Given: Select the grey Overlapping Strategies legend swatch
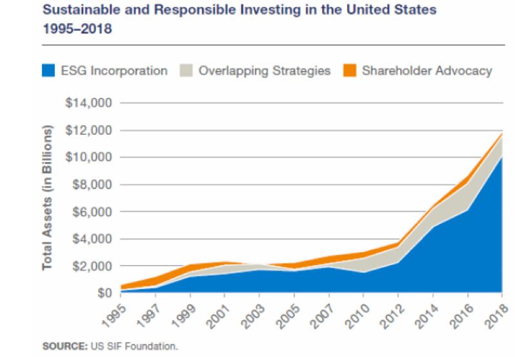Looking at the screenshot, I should point(186,71).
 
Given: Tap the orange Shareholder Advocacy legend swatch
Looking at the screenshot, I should point(349,71).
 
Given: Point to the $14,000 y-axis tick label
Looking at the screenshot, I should point(90,103).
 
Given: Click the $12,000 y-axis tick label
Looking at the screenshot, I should point(90,130).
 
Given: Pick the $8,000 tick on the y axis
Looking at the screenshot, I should point(92,185).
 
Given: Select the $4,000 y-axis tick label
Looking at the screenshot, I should point(92,239).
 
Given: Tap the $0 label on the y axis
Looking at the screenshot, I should point(103,294).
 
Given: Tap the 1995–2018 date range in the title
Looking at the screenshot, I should point(77,29).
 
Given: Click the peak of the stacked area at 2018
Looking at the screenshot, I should point(502,134).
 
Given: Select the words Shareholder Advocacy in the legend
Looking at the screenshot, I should point(427,71).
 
